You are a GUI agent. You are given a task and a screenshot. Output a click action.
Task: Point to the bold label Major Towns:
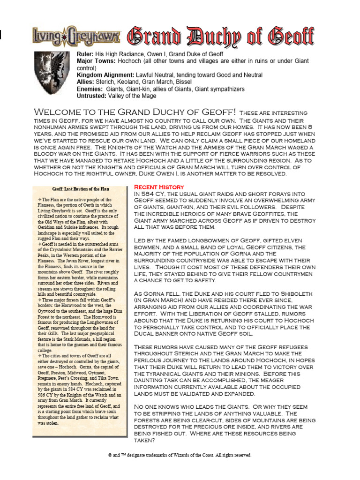coord(96,61)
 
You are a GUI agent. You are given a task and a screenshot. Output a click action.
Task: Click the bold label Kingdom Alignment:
coord(105,75)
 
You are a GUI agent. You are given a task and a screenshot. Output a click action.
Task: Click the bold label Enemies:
coord(90,89)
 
